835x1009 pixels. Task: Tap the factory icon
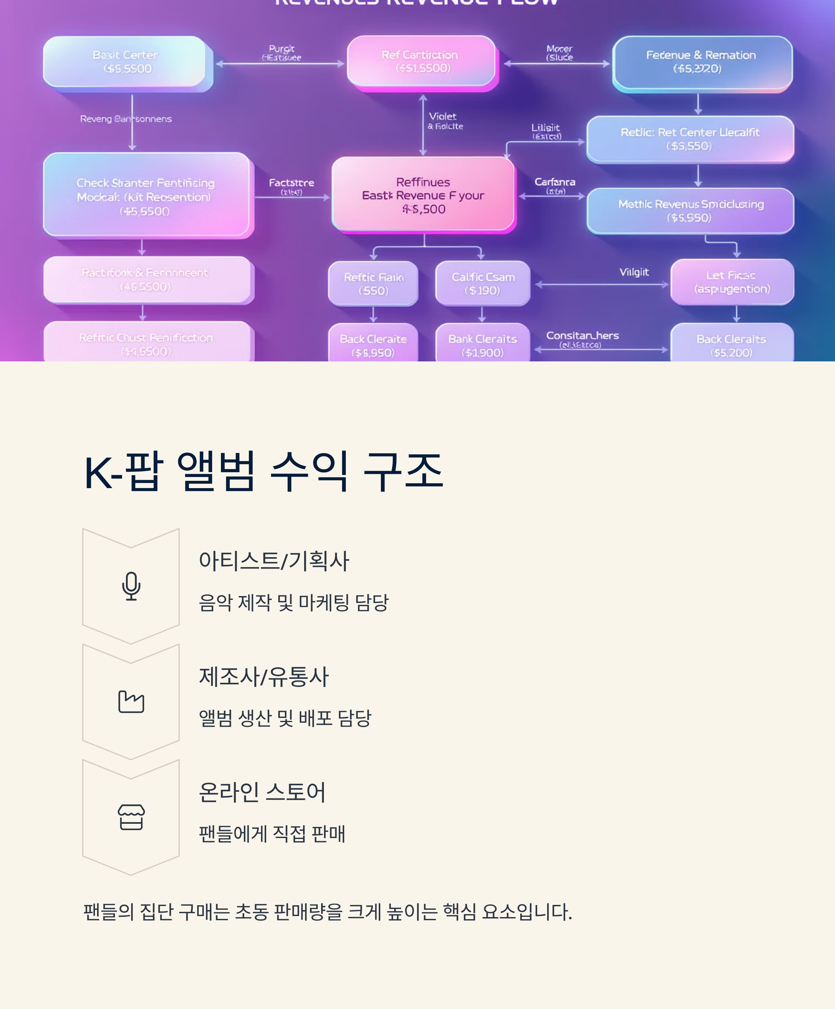[x=131, y=702]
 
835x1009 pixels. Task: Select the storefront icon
[x=131, y=817]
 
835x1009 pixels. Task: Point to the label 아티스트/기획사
[x=274, y=561]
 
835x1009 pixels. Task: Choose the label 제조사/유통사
[x=264, y=676]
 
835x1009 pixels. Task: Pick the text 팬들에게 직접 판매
[x=272, y=834]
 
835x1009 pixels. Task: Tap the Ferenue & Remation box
[x=701, y=62]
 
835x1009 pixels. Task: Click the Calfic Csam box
[x=483, y=283]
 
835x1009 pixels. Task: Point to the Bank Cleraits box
[x=483, y=345]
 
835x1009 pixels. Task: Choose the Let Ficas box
[x=731, y=282]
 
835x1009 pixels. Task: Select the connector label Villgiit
[x=634, y=272]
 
